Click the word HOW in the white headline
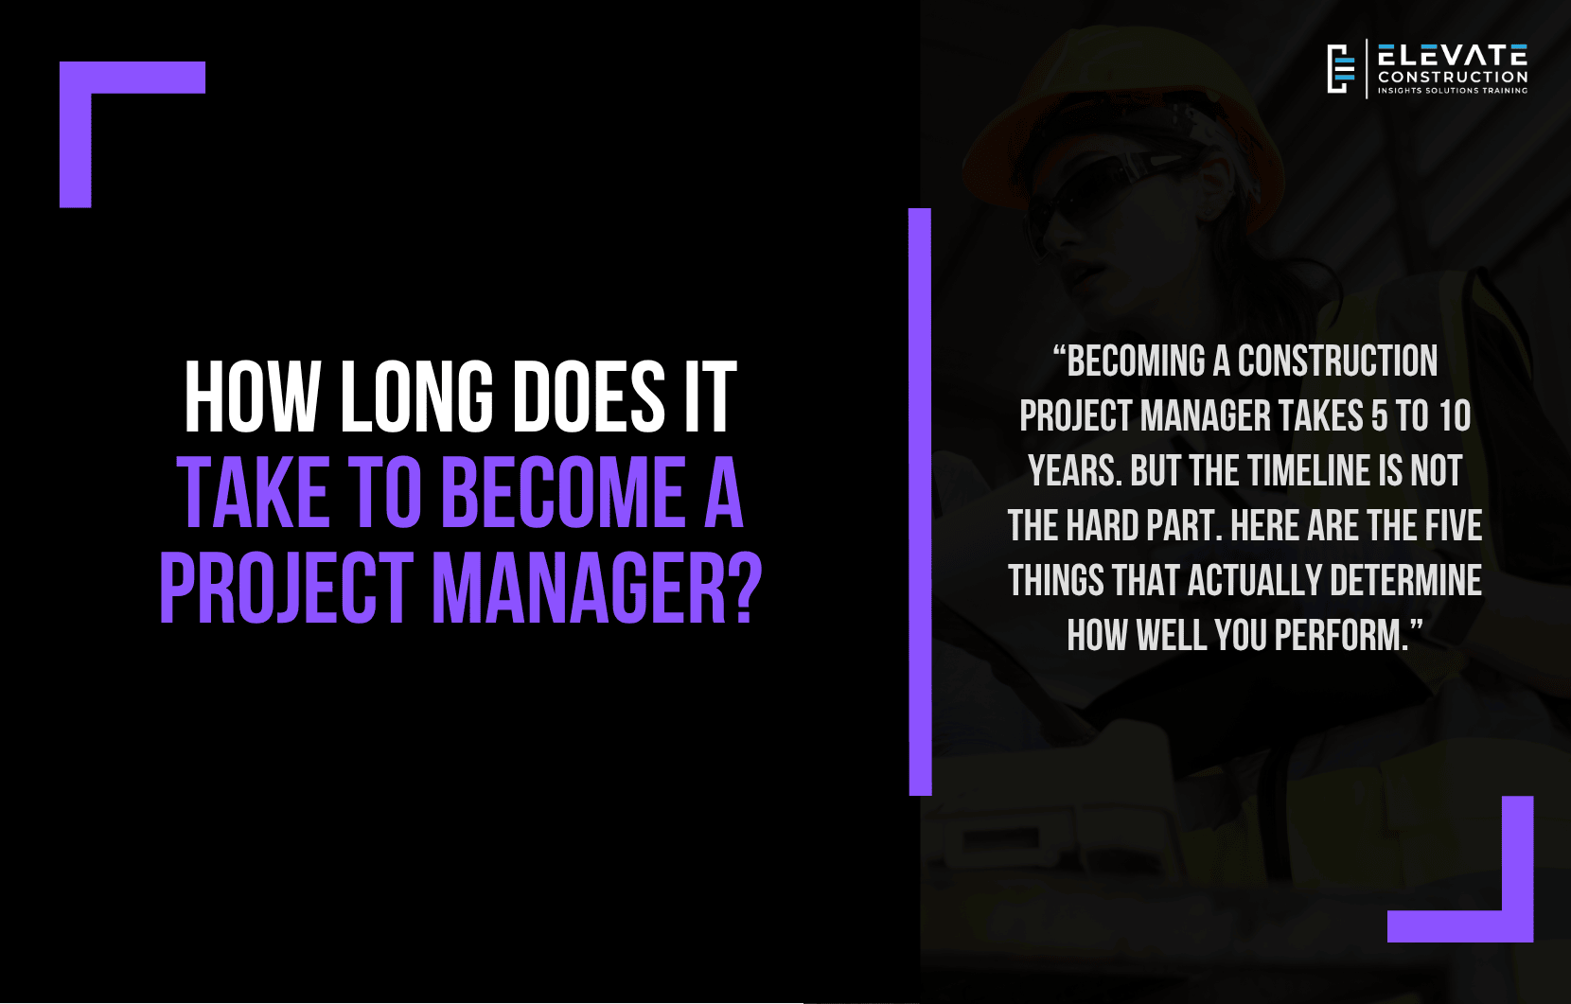click(x=251, y=397)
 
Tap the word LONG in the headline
click(x=416, y=397)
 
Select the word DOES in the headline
click(x=589, y=397)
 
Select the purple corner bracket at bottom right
click(x=1517, y=925)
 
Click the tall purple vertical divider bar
click(x=920, y=502)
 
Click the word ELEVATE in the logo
click(x=1453, y=55)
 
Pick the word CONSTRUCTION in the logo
click(x=1453, y=77)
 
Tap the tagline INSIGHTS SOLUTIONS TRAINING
click(x=1453, y=91)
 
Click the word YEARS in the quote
click(x=1073, y=470)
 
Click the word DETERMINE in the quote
click(x=1405, y=580)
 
